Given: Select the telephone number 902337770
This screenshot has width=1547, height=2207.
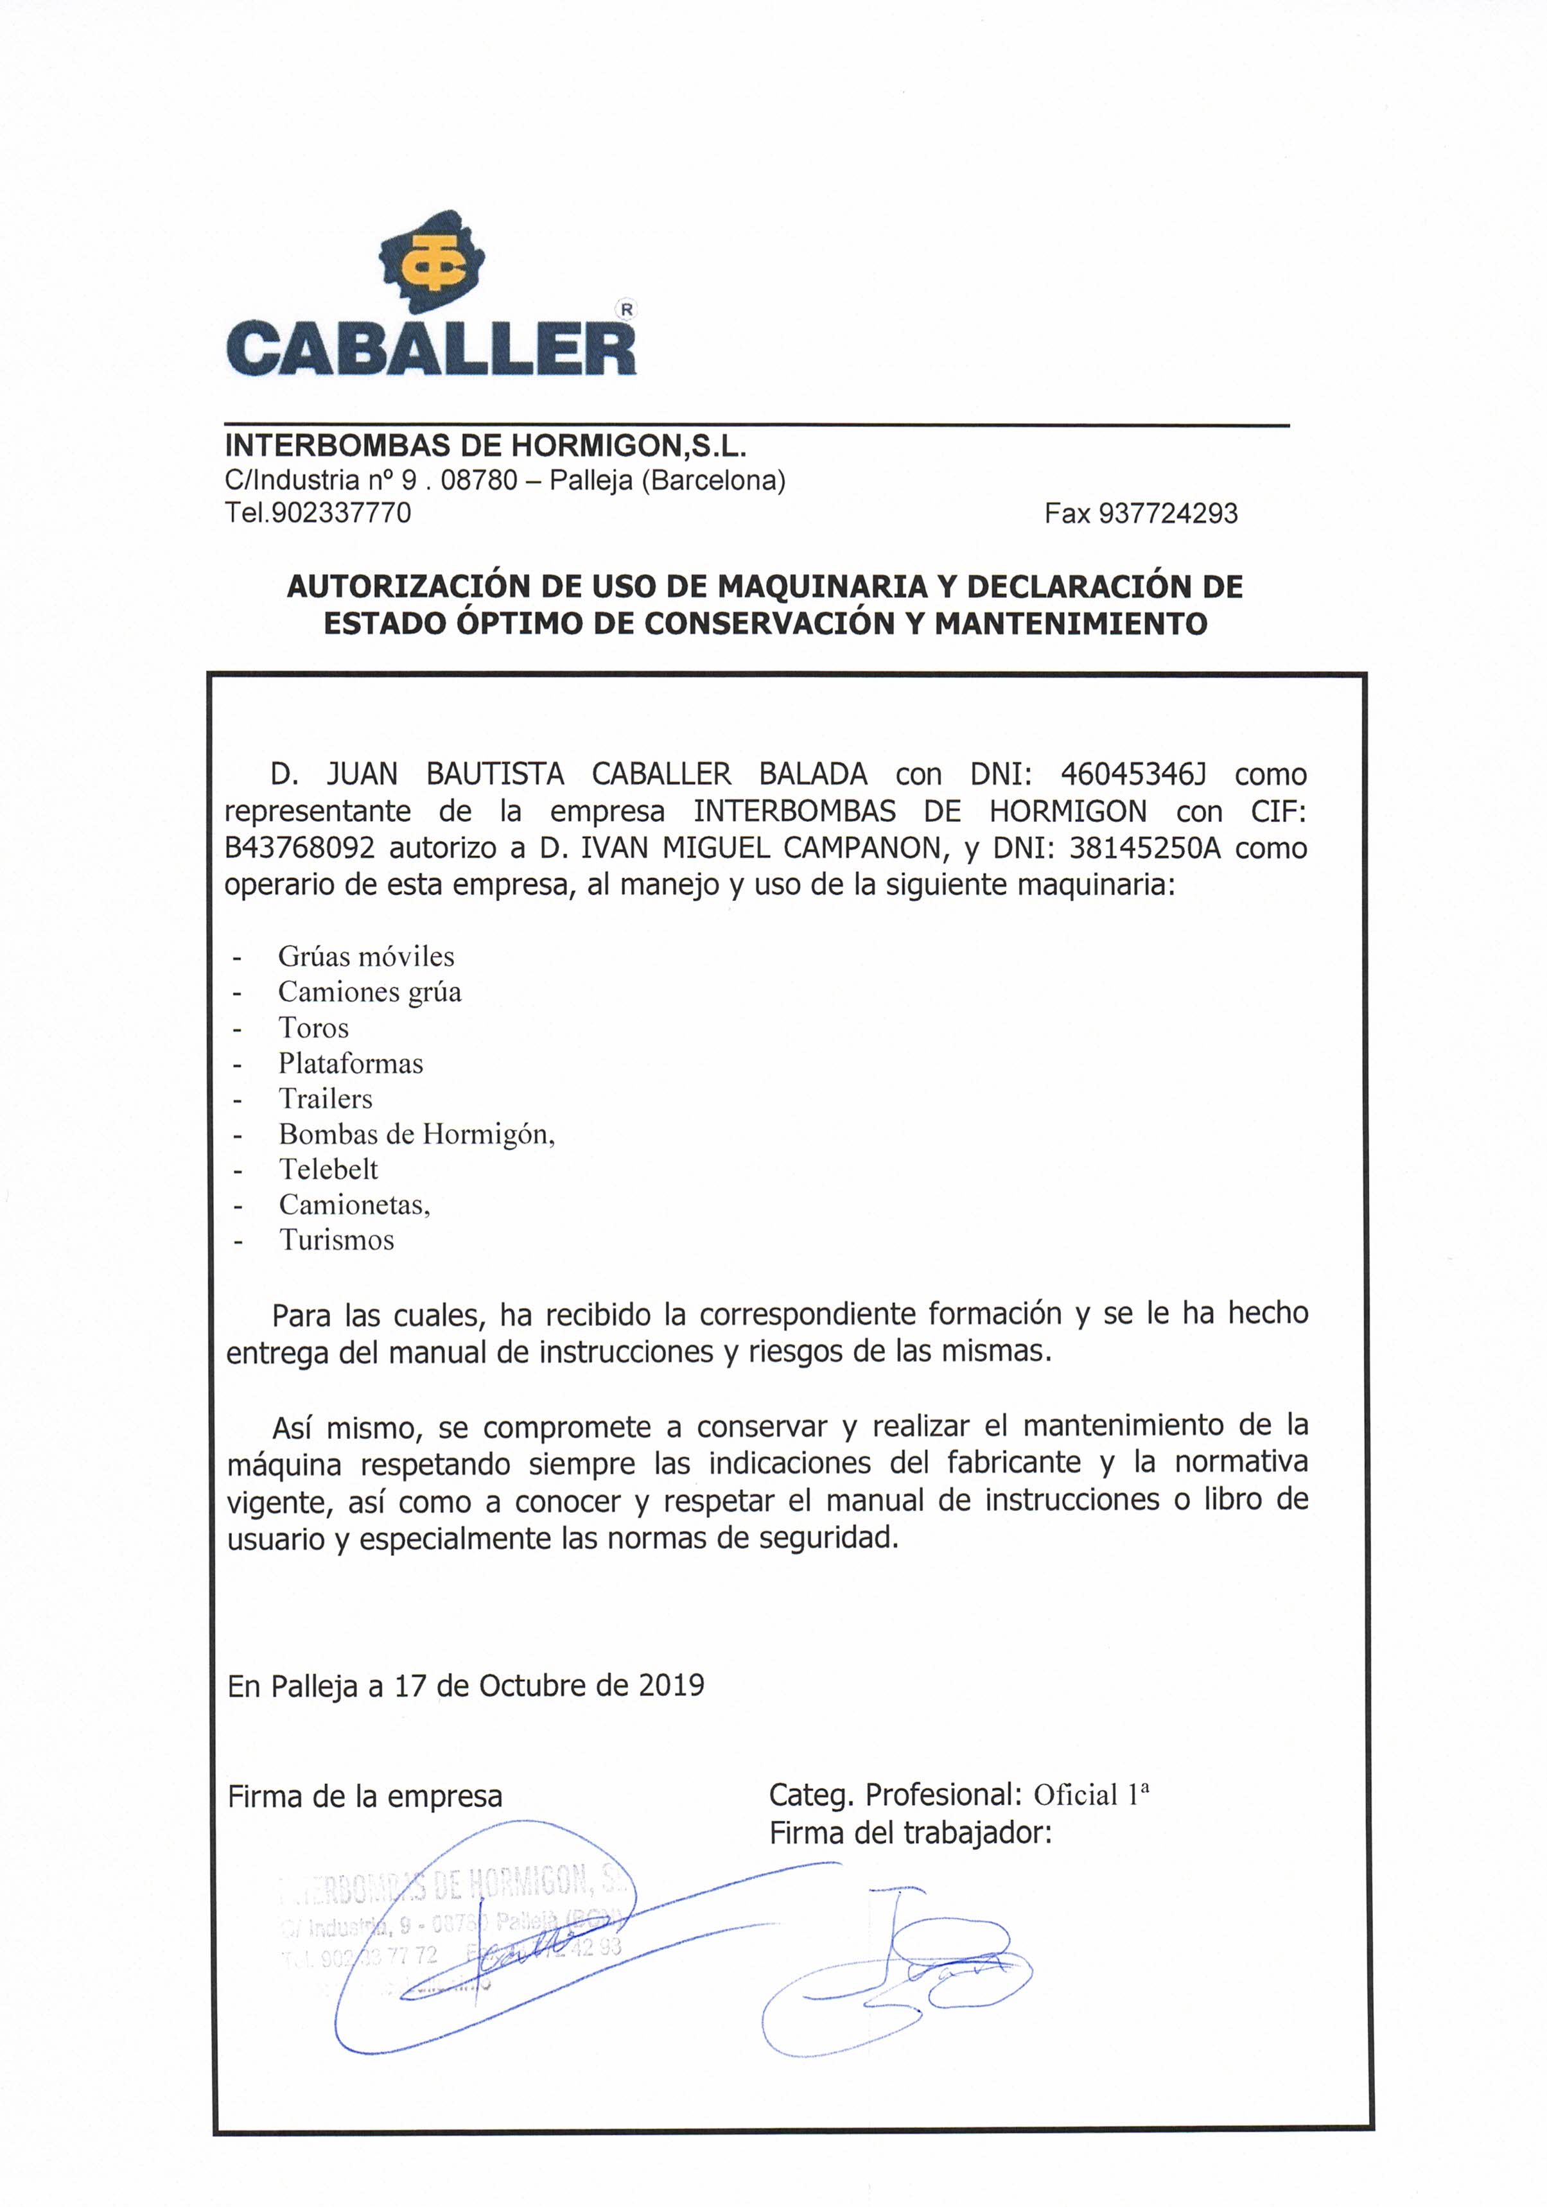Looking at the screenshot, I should pyautogui.click(x=342, y=513).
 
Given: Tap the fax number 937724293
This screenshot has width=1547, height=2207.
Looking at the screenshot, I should pyautogui.click(x=1167, y=513).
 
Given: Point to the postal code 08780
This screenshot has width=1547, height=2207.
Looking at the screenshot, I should pyautogui.click(x=479, y=480).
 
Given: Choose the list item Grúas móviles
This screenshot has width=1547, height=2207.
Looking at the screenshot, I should pyautogui.click(x=365, y=956).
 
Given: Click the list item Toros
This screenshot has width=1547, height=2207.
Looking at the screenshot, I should pyautogui.click(x=313, y=1027).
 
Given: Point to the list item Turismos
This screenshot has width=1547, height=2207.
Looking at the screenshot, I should pyautogui.click(x=336, y=1240).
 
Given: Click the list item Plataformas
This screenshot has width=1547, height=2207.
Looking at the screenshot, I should pyautogui.click(x=351, y=1063).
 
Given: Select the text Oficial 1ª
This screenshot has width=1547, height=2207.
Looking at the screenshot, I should pyautogui.click(x=1091, y=1795).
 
